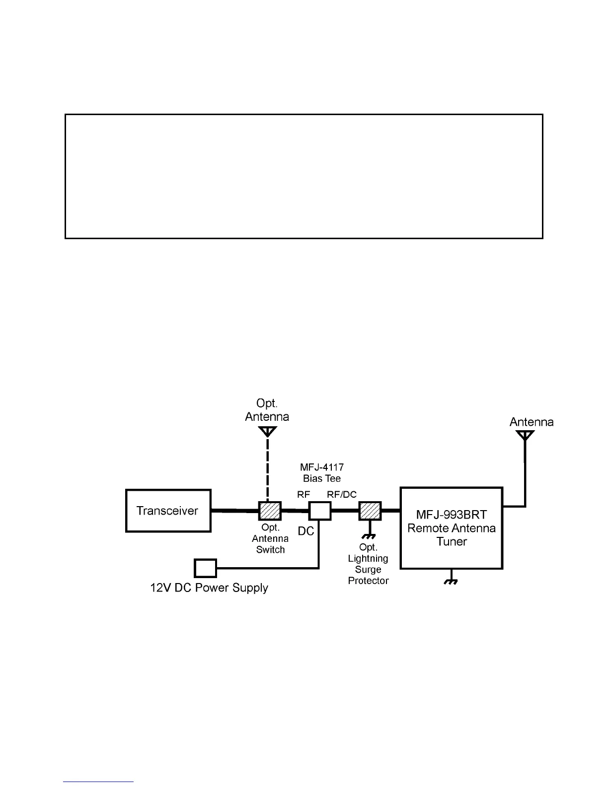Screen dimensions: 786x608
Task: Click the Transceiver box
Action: (168, 511)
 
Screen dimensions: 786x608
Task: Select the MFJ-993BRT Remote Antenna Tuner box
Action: (452, 528)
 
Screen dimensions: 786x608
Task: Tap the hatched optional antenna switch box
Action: (270, 511)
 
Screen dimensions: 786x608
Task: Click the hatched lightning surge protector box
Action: (370, 511)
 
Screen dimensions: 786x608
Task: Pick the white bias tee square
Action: (319, 511)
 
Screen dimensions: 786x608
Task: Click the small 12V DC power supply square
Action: (205, 568)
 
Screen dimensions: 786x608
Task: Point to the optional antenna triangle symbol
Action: (267, 432)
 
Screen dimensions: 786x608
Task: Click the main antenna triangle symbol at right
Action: (525, 436)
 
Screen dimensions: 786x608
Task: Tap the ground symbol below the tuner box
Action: (451, 582)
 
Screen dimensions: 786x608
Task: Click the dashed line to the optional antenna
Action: (267, 469)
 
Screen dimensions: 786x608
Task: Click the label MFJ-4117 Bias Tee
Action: (322, 473)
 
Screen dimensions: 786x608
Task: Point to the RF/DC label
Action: (341, 494)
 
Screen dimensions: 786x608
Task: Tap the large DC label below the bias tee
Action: (306, 531)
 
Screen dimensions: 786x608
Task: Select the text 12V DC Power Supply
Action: (209, 588)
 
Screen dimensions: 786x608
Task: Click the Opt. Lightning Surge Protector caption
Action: (368, 564)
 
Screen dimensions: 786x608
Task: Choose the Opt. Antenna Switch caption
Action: (270, 539)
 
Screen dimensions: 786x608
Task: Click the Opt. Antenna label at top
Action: (267, 409)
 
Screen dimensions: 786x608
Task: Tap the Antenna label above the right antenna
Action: (531, 422)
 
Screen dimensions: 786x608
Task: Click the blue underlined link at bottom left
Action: (98, 782)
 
